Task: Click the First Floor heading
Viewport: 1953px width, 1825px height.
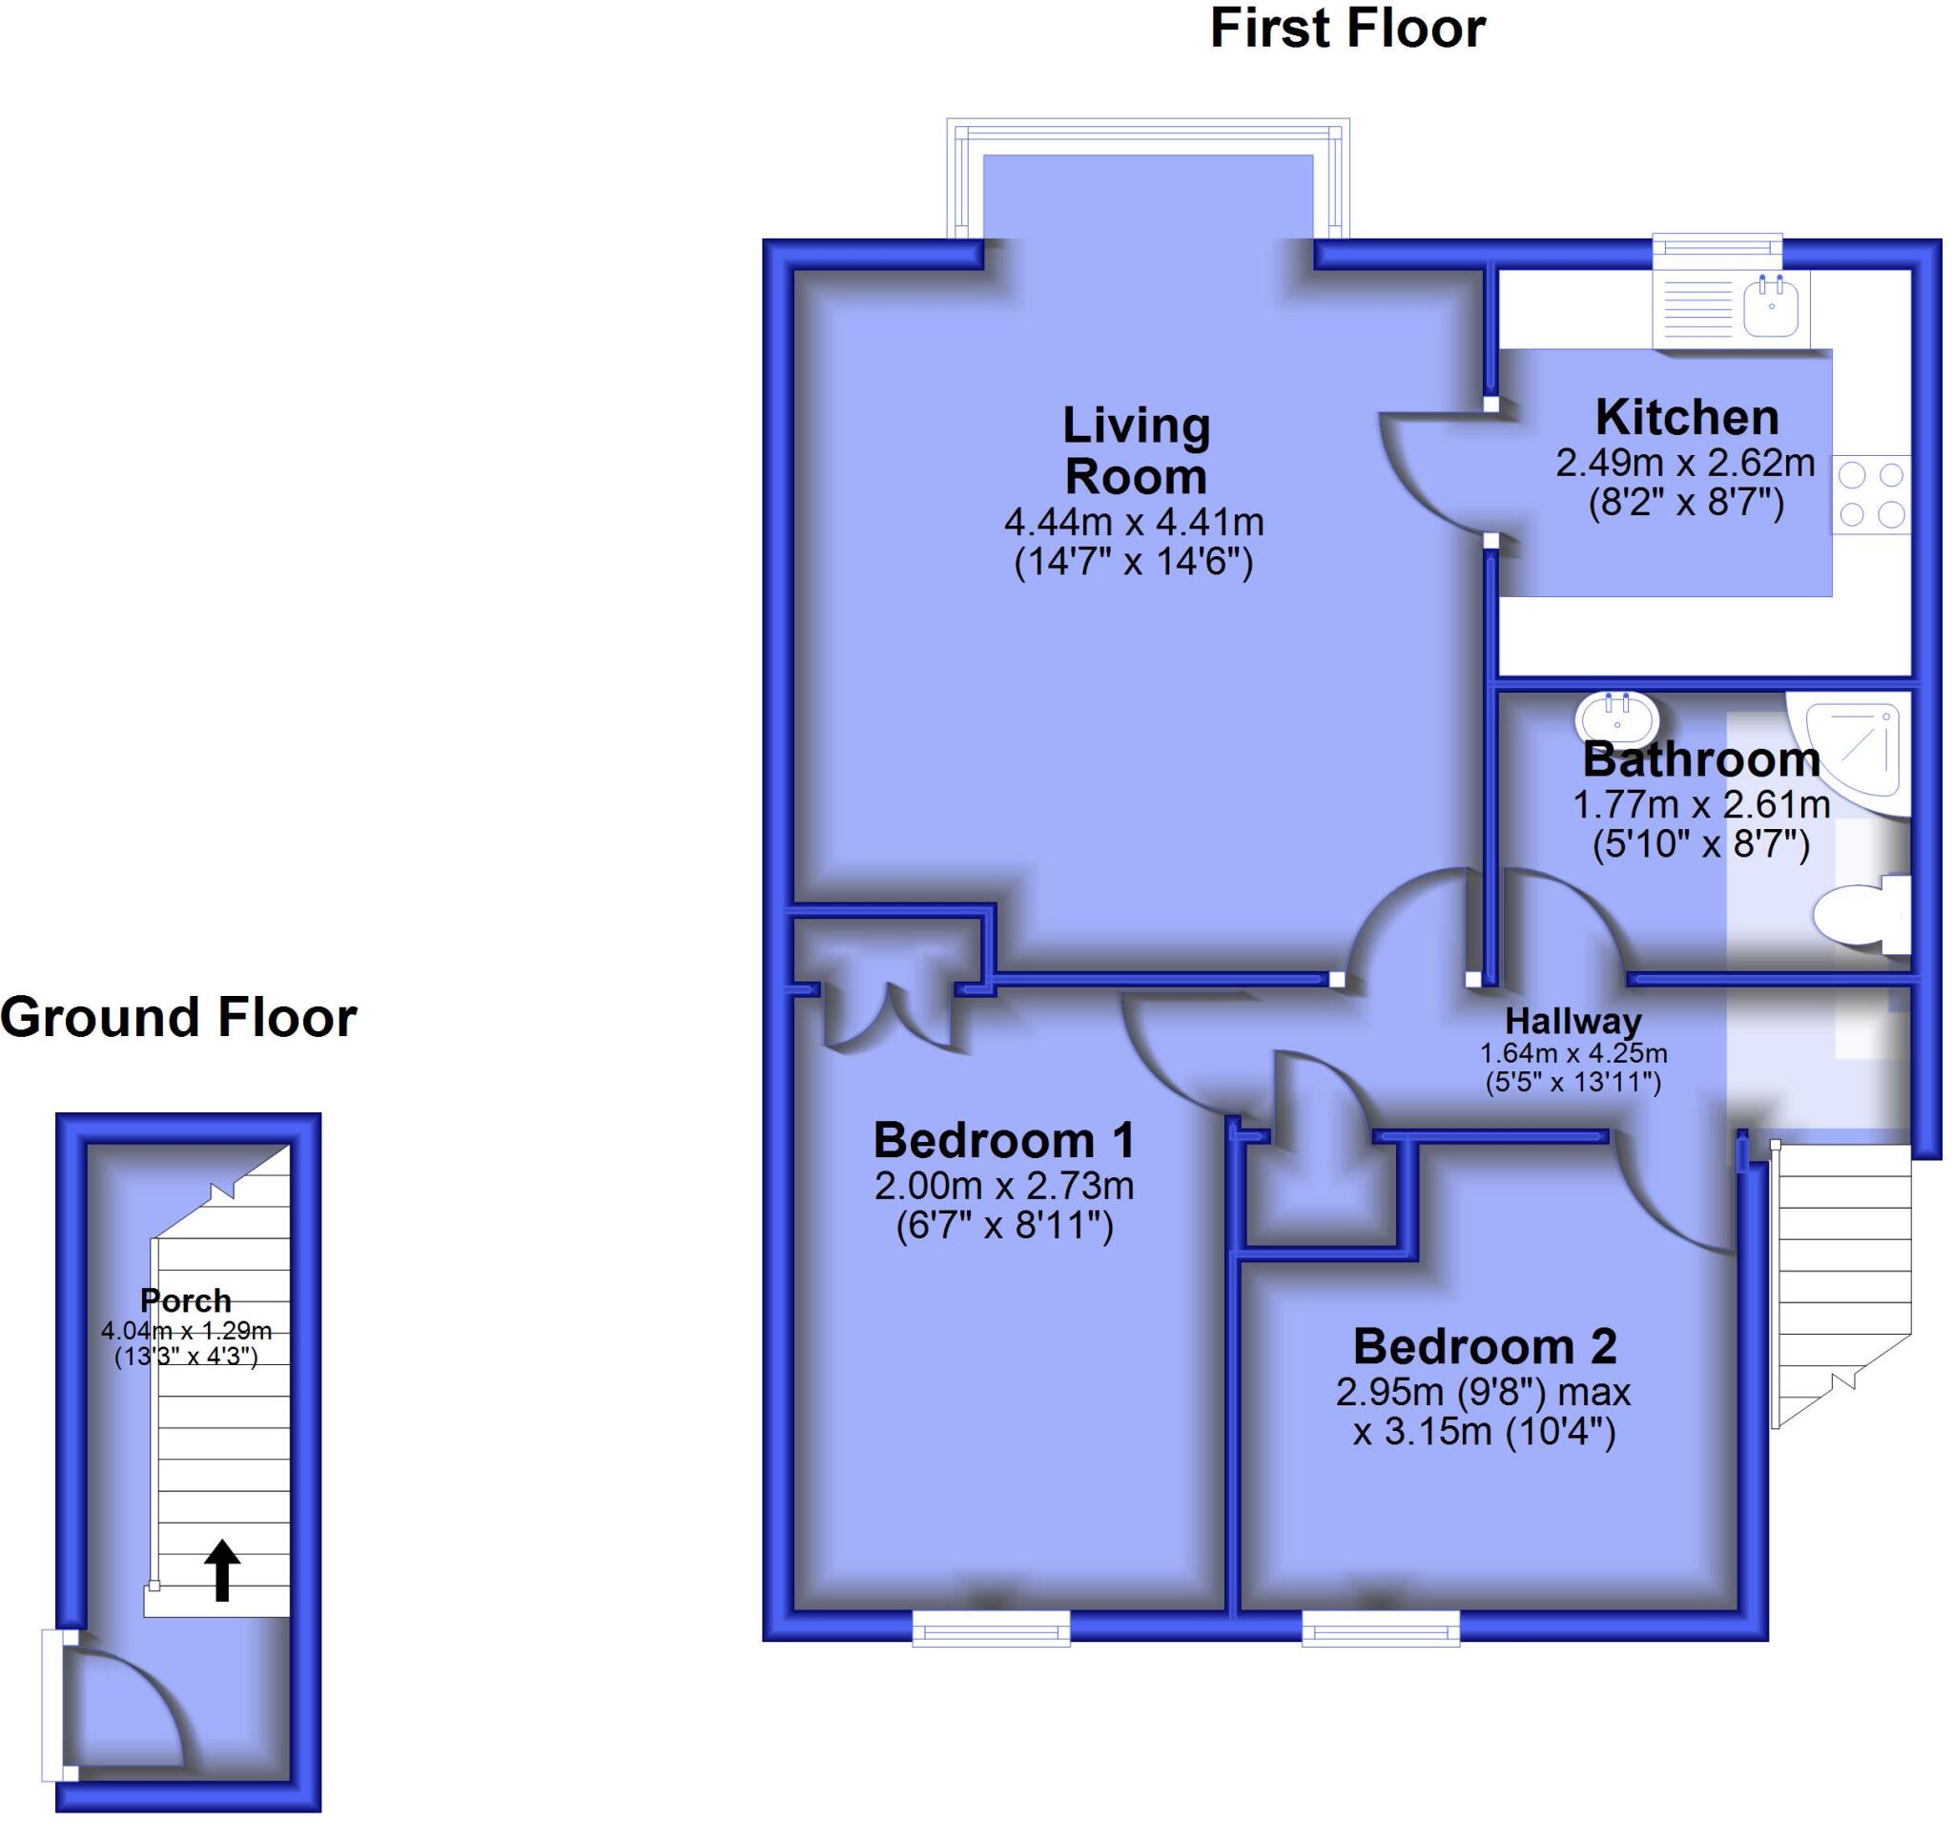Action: (1347, 29)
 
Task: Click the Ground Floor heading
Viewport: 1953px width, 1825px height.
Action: (177, 1017)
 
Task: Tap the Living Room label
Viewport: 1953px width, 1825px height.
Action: (1136, 451)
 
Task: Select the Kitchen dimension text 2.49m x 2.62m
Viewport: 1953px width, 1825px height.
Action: (1685, 462)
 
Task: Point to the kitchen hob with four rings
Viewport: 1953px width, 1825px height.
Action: (1870, 494)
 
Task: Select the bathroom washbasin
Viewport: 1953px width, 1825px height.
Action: (1616, 716)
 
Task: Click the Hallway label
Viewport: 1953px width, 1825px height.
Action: (1573, 1021)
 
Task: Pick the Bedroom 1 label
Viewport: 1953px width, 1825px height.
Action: (1003, 1141)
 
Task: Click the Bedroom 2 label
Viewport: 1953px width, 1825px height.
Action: (1484, 1346)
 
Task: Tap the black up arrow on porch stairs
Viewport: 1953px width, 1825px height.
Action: (222, 1570)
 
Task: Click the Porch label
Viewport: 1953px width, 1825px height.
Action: (186, 1300)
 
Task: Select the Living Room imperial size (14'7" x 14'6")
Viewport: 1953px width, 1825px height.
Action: (1133, 563)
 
